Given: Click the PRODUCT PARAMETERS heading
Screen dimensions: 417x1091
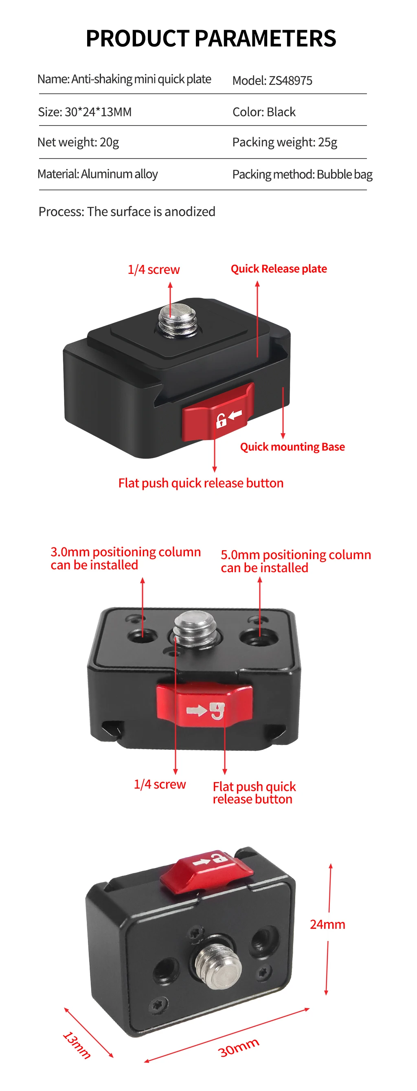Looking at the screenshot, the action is tap(211, 39).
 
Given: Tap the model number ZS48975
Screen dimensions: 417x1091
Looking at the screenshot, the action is tap(290, 80).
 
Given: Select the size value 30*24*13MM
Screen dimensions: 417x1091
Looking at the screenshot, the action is tap(98, 112).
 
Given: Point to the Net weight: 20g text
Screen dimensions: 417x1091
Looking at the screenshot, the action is tap(78, 142).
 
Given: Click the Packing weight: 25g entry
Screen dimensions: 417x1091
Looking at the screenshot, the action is tap(285, 142).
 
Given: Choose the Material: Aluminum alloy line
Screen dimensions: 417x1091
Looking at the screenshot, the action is tap(97, 174).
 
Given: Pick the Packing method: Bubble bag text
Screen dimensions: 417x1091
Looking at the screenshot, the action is tap(302, 174).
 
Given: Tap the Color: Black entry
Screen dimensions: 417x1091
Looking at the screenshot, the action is tap(264, 112).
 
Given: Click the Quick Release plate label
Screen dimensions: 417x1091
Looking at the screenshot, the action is tap(279, 269).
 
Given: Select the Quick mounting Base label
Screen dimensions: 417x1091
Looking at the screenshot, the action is tap(292, 447).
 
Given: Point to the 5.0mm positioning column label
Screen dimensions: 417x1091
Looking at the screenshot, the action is tap(296, 561).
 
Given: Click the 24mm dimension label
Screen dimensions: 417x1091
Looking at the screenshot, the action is tap(327, 924).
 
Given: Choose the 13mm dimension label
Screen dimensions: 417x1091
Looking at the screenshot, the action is tap(77, 1045).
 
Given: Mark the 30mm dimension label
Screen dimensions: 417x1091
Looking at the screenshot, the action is tap(238, 1047).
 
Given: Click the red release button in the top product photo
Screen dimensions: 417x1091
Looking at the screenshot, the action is tap(218, 412).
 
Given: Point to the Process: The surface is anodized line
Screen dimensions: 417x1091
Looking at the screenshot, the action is tap(127, 212).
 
